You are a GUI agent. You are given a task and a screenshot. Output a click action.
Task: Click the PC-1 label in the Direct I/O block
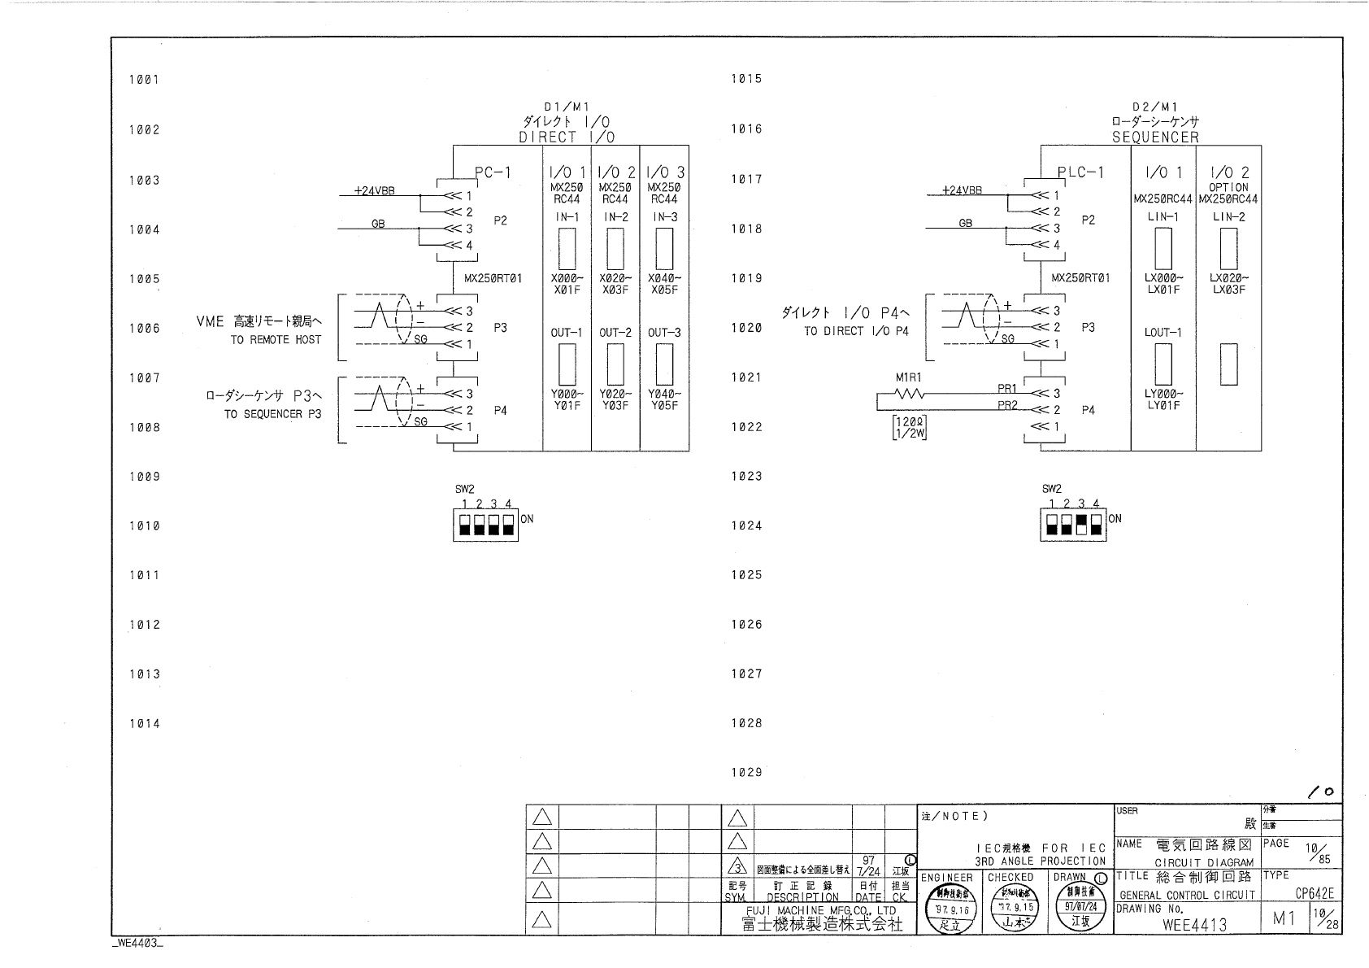tap(493, 172)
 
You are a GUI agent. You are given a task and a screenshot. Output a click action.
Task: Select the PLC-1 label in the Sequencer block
tap(1080, 172)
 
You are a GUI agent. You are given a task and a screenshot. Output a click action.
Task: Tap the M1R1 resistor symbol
tap(908, 394)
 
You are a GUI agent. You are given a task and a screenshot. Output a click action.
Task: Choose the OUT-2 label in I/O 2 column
tap(615, 333)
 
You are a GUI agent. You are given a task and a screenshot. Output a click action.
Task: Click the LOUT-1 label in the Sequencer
tap(1163, 333)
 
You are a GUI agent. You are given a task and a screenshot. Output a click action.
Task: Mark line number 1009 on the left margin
tap(144, 477)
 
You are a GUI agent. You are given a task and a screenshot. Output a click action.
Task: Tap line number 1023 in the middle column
tap(745, 477)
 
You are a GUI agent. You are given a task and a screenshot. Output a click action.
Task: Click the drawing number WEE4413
tap(1194, 924)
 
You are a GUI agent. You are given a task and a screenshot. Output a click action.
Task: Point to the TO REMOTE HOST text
tap(276, 340)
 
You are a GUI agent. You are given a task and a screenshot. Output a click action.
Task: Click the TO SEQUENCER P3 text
tap(272, 414)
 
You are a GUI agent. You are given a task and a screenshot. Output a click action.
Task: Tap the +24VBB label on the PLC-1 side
tap(962, 190)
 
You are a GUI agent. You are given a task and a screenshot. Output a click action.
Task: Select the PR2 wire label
tap(1007, 405)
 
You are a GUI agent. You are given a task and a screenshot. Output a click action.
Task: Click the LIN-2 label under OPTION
tap(1228, 217)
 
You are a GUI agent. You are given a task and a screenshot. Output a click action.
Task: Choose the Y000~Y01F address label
tap(567, 399)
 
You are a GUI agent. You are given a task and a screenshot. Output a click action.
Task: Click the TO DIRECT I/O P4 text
tap(856, 332)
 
